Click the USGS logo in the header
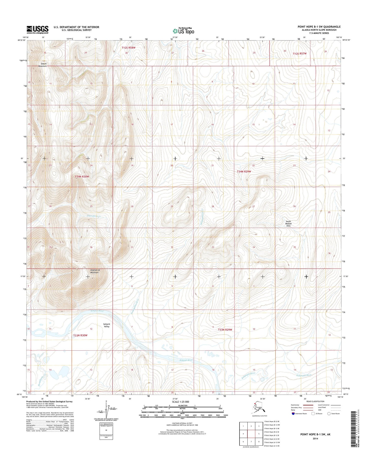37,30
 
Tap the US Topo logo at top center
183,31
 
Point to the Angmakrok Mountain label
94,271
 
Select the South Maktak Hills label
288,224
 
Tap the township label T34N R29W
244,171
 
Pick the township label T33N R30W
80,335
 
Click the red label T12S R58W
128,48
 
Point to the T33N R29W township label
225,330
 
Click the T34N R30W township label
82,176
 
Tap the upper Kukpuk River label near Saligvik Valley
97,311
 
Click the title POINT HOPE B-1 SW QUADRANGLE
319,27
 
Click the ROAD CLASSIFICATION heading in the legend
315,401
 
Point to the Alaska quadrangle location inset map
260,408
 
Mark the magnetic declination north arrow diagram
106,409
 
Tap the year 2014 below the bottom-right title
315,439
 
